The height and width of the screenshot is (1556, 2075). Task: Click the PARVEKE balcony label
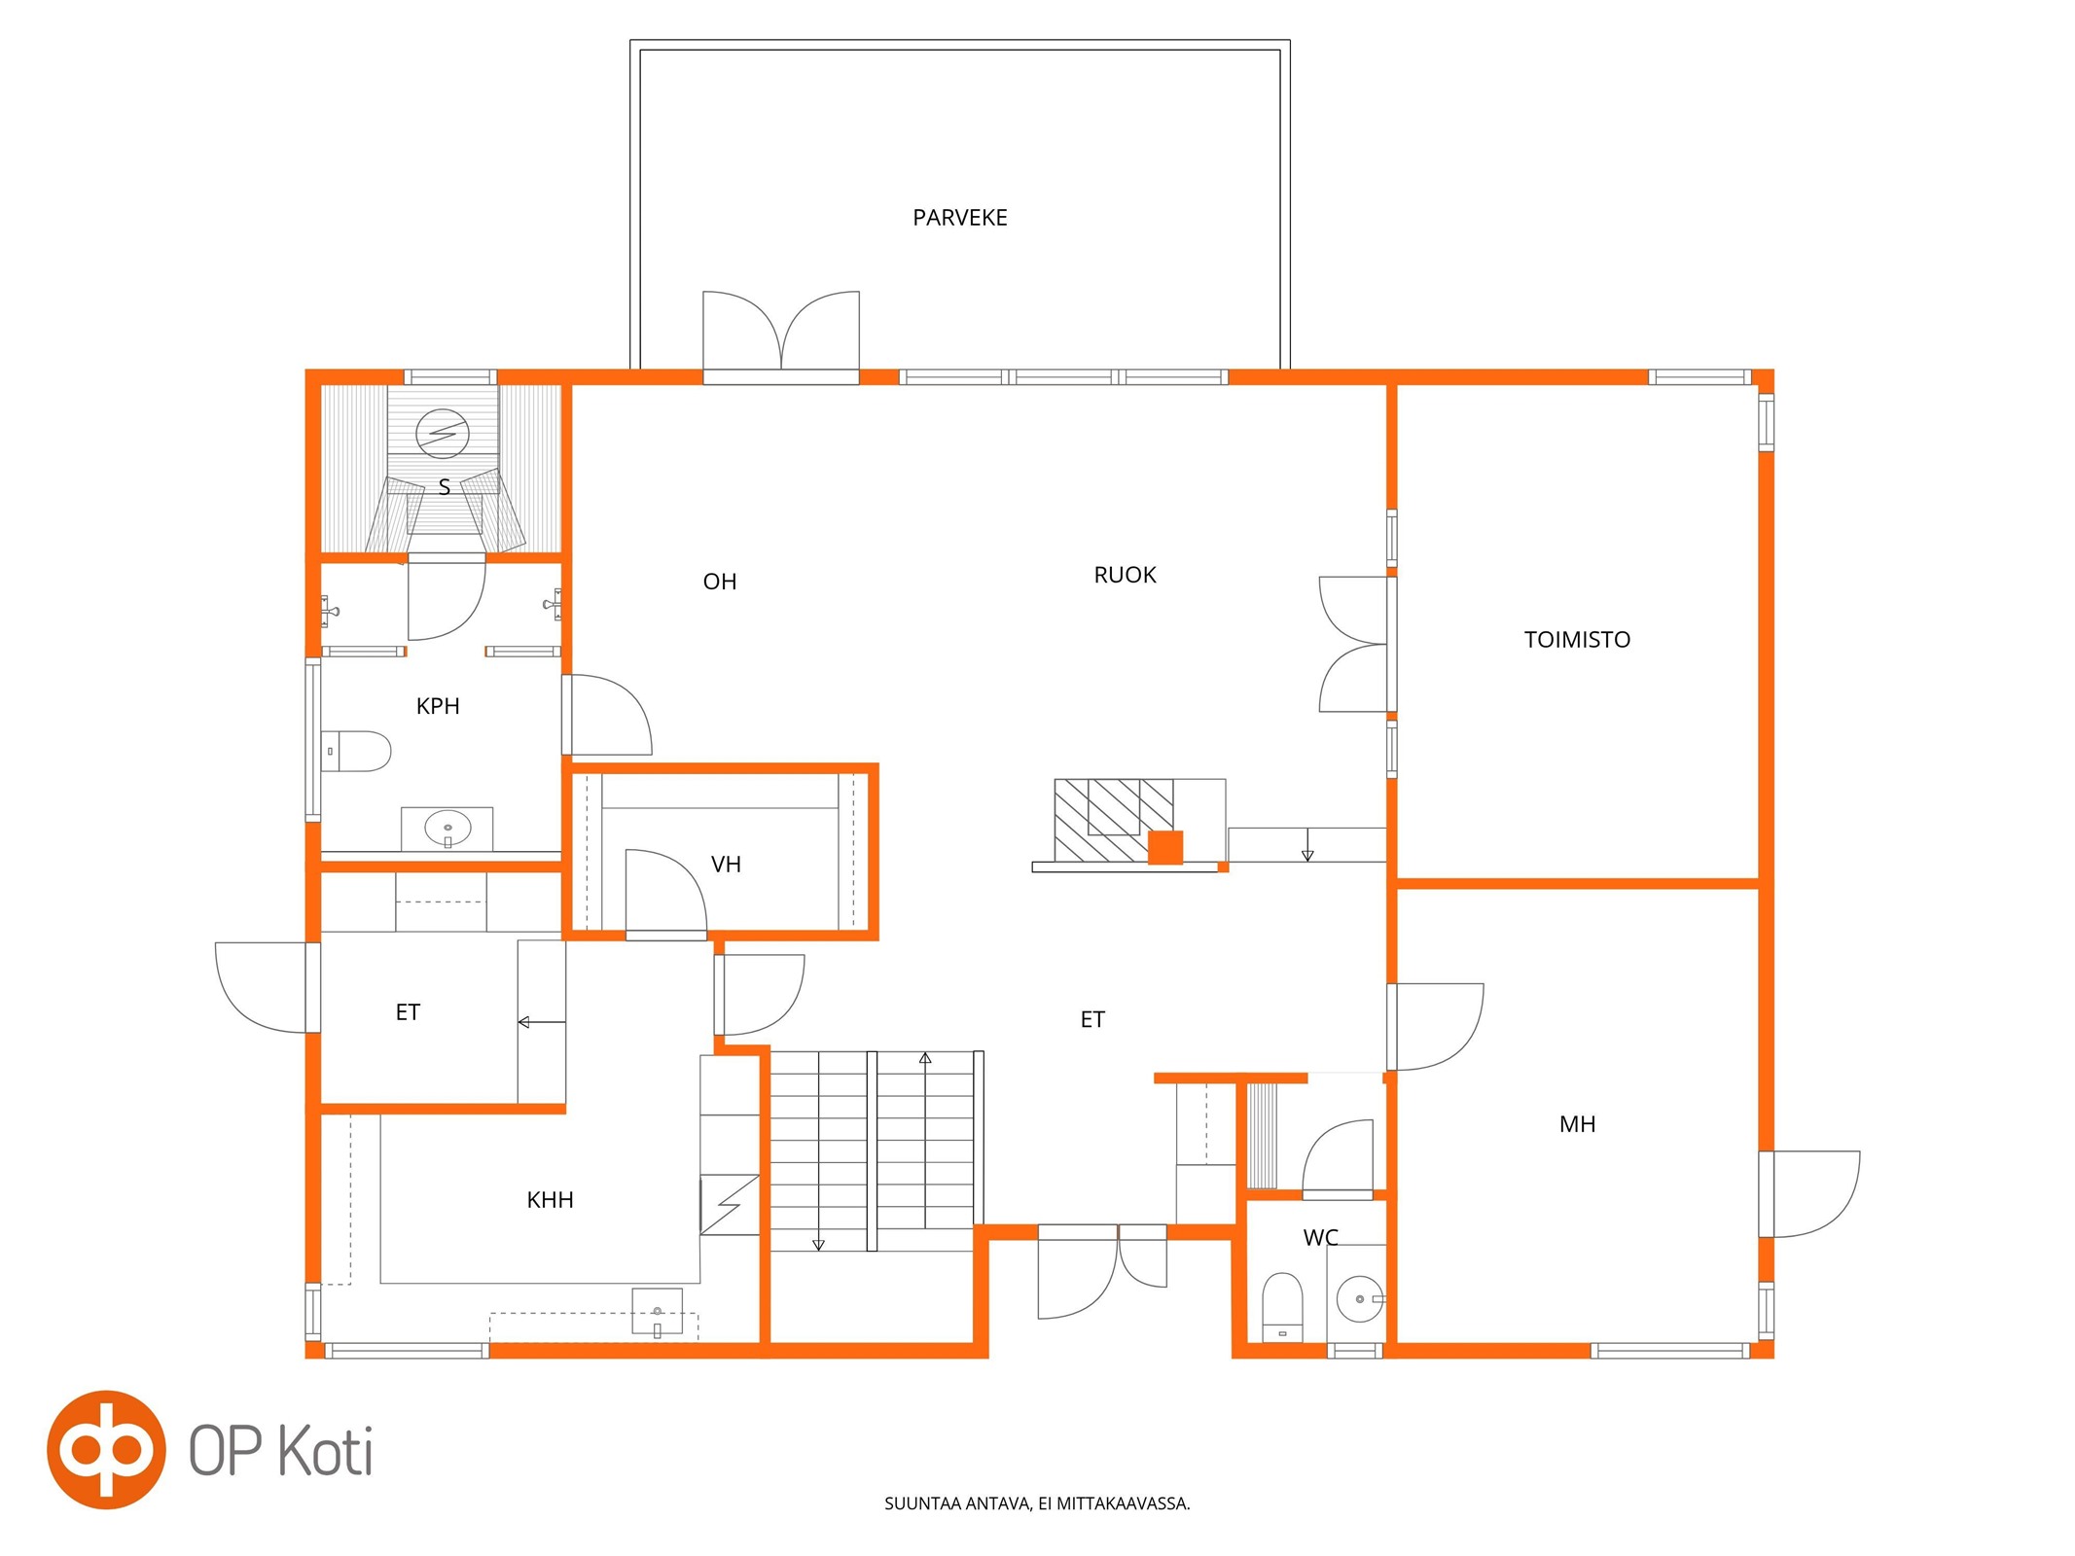click(x=959, y=218)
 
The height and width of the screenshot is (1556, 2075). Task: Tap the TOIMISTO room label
click(x=1577, y=640)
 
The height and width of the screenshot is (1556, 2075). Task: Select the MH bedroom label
click(x=1577, y=1124)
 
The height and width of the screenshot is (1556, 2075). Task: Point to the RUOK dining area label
click(x=1125, y=575)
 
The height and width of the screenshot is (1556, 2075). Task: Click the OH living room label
click(x=720, y=582)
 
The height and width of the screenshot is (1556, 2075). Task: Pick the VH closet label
click(x=726, y=865)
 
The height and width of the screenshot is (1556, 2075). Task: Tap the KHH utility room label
click(x=550, y=1200)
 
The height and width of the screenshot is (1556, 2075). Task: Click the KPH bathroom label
click(x=438, y=706)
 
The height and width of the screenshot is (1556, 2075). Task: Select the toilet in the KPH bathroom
click(x=356, y=751)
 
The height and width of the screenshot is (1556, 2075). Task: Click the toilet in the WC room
click(x=1282, y=1307)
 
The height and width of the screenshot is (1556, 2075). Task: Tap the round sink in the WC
click(x=1360, y=1299)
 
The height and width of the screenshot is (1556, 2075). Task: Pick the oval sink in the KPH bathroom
click(x=447, y=829)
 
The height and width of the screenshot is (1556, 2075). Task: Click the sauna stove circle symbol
click(x=443, y=434)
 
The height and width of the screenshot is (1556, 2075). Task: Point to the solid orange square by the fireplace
click(x=1165, y=848)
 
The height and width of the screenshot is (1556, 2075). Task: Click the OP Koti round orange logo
click(x=106, y=1450)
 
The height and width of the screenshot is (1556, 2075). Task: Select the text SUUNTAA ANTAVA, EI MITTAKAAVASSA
click(x=1037, y=1503)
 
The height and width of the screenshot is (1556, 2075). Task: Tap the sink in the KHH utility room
click(x=658, y=1312)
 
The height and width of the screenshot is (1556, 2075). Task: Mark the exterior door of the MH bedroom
click(x=1809, y=1194)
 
